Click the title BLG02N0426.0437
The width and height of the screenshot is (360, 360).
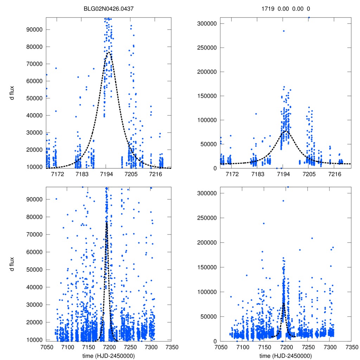pos(108,9)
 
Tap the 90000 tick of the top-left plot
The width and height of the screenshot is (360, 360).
pos(35,30)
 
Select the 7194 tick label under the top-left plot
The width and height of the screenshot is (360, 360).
pos(107,174)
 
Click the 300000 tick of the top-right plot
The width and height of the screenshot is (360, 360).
pos(206,24)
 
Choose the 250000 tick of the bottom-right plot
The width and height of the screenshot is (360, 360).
pos(206,218)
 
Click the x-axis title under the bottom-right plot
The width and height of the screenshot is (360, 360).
pos(286,355)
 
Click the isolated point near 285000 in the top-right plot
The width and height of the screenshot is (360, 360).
pos(284,31)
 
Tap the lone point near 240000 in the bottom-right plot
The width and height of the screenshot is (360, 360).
pos(264,223)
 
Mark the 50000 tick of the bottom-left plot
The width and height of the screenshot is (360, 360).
pos(35,270)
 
